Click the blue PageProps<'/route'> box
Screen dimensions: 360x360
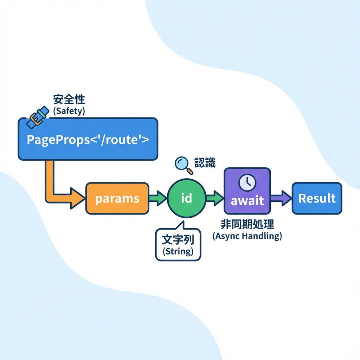tap(88, 139)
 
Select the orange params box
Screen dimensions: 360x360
tap(117, 199)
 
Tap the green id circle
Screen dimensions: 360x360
tap(186, 198)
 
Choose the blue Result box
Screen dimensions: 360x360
tap(317, 198)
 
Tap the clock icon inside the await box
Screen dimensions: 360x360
tap(247, 182)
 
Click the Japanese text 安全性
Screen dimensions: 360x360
tap(69, 99)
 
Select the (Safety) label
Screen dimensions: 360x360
tap(69, 111)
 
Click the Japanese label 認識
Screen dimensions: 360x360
tap(205, 163)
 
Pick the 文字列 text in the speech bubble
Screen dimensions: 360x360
tap(178, 240)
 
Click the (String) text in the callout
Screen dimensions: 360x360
tap(178, 252)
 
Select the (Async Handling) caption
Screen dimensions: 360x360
tap(247, 236)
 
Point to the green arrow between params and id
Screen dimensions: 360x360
tap(157, 199)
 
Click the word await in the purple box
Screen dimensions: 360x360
tap(247, 200)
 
